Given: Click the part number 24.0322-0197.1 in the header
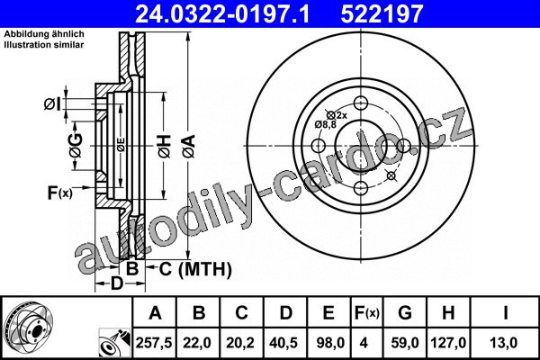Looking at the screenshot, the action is [x=222, y=13].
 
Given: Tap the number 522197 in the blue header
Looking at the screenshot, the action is [x=382, y=13].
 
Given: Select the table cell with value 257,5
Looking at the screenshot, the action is [x=154, y=343].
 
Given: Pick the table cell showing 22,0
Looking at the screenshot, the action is [x=197, y=343].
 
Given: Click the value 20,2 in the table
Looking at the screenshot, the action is [x=240, y=343].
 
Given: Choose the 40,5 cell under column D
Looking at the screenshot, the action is [x=284, y=343].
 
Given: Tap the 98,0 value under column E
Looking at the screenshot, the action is [x=328, y=343].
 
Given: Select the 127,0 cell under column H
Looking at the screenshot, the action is [x=448, y=343].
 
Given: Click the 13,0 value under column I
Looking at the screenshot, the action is [x=505, y=343].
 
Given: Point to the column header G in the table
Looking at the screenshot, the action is [x=405, y=313].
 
